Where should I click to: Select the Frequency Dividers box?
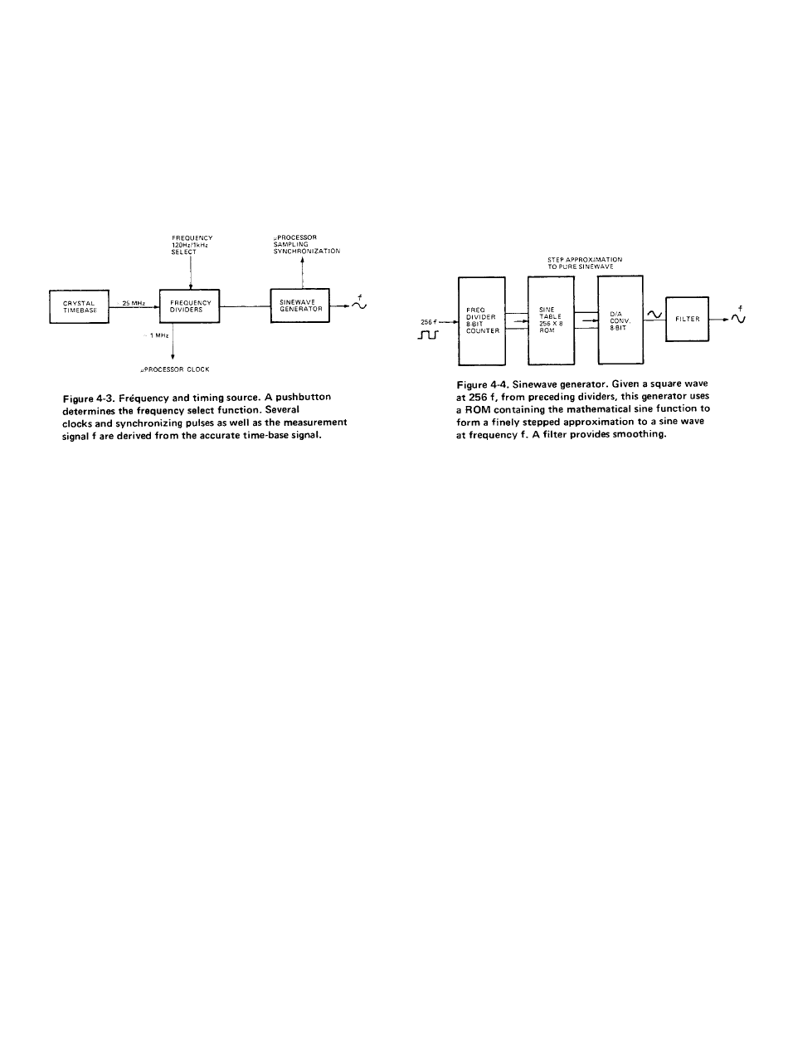190,305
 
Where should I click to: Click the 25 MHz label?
134,304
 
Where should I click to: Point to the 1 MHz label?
159,335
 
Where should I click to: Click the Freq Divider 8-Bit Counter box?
482,320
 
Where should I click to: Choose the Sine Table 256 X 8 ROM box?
552,320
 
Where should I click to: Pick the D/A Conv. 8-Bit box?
621,320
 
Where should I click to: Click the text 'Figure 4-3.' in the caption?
86,400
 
